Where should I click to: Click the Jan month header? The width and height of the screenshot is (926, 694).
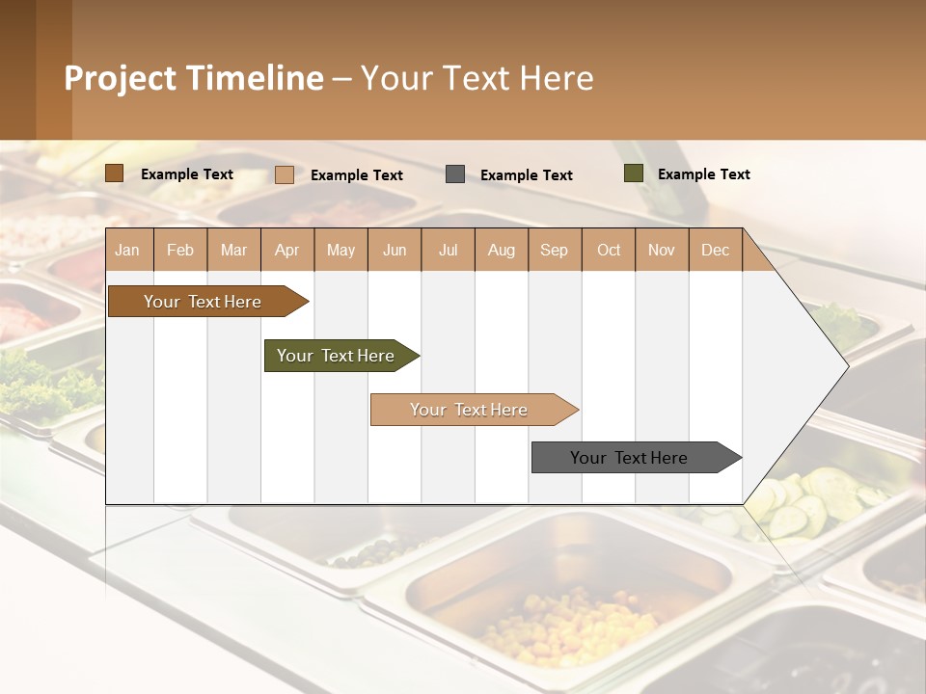coord(127,250)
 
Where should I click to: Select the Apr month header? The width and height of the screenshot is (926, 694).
coord(286,250)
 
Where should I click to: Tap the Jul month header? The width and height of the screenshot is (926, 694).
coord(448,250)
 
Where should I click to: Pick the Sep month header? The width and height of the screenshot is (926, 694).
coord(554,250)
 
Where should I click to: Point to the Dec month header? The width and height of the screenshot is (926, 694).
coord(715,250)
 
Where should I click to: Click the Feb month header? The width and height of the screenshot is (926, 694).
coord(180,250)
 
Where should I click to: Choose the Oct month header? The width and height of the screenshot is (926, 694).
coord(609,250)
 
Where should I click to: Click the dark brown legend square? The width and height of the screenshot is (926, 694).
coord(115,173)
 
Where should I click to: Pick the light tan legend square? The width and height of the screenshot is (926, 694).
coord(285,174)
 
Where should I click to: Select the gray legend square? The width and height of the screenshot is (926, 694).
coord(455,174)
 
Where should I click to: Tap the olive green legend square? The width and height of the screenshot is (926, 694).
coord(634,173)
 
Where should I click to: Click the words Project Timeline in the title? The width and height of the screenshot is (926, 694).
coord(194,78)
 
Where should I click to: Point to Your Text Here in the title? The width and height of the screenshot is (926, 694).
coord(477,78)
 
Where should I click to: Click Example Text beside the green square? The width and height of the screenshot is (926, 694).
coord(703,174)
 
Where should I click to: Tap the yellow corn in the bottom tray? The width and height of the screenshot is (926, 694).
coord(559,627)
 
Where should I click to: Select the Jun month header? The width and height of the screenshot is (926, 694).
coord(395,250)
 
